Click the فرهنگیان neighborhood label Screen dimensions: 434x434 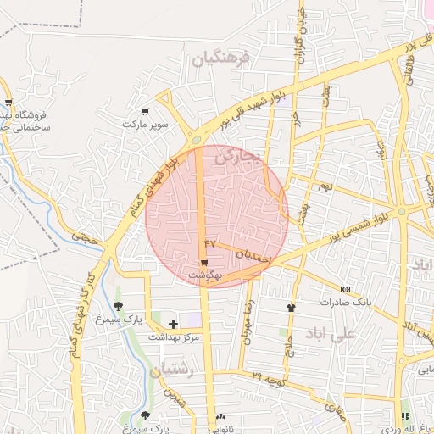tap(221, 59)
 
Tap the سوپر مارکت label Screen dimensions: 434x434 tap(146, 125)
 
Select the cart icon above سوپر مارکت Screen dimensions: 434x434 tap(146, 112)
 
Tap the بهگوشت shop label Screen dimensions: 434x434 tap(204, 275)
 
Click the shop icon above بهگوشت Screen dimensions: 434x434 tap(204, 264)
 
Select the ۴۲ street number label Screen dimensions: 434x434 tap(211, 243)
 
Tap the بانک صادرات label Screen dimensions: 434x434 tap(346, 302)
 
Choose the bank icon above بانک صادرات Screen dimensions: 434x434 tap(345, 289)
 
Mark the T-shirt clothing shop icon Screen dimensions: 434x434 tap(292, 308)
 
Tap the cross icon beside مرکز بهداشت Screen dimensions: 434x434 tap(174, 324)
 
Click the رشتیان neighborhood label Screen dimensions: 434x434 tap(172, 370)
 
